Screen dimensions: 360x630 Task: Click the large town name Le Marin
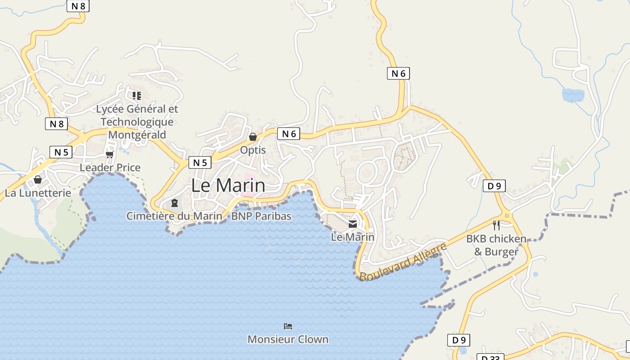click(x=228, y=185)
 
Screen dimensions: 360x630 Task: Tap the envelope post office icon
click(x=353, y=224)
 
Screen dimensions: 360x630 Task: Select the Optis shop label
click(x=253, y=150)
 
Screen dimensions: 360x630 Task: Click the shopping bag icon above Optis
click(x=253, y=137)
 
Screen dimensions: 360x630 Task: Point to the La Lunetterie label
click(x=38, y=193)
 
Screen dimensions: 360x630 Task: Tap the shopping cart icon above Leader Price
click(x=109, y=155)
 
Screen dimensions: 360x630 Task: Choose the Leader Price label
click(x=110, y=167)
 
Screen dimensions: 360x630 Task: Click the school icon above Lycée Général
click(x=137, y=95)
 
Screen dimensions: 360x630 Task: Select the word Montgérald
click(x=137, y=135)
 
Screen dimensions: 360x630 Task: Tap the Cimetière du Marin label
click(x=174, y=216)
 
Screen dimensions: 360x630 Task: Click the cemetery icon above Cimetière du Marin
click(x=175, y=203)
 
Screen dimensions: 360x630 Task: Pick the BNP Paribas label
click(x=261, y=216)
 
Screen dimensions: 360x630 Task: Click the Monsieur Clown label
click(x=288, y=339)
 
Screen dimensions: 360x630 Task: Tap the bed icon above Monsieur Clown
click(x=288, y=326)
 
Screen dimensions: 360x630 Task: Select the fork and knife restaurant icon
click(x=496, y=225)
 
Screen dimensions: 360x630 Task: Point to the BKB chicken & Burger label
click(x=496, y=245)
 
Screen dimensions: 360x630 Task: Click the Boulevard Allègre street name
click(x=403, y=261)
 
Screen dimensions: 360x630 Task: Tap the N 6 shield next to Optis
click(x=288, y=134)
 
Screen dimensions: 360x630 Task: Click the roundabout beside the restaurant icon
click(x=508, y=216)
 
